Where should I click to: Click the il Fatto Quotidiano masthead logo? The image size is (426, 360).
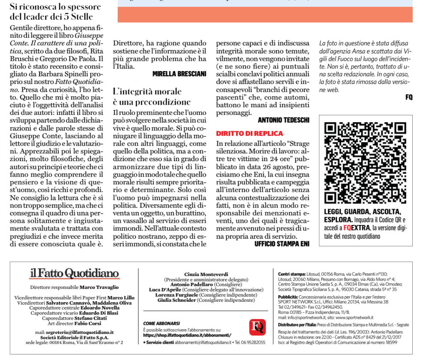click(x=74, y=273)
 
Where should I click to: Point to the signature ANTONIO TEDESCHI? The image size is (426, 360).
click(x=283, y=120)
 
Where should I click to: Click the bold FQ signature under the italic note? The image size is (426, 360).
click(x=408, y=98)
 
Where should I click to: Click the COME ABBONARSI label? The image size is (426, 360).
click(x=161, y=323)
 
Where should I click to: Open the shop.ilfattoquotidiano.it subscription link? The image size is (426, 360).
click(x=188, y=335)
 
